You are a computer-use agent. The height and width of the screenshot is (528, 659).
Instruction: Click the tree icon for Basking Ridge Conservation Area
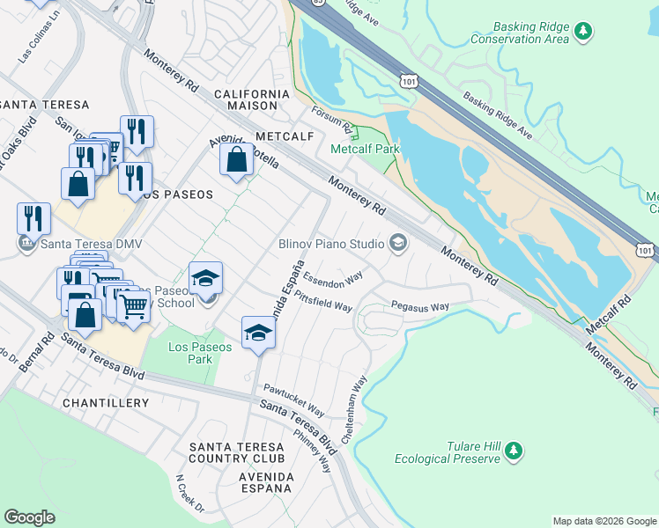click(582, 32)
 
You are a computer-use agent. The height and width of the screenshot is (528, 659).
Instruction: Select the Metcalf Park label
click(365, 149)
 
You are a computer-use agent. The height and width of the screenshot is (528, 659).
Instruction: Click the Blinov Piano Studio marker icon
click(398, 243)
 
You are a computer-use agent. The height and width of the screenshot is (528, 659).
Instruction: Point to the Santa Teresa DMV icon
click(27, 244)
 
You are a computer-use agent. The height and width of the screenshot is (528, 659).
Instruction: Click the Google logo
click(30, 517)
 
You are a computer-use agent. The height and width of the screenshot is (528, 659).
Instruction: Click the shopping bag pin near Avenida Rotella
click(236, 161)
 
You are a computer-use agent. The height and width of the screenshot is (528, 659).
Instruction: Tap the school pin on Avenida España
click(258, 333)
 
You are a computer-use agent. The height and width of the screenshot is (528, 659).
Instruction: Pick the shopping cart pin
click(134, 307)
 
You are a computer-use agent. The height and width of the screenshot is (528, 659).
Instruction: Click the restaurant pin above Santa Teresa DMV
click(33, 217)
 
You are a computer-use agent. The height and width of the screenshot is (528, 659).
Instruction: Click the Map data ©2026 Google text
click(603, 521)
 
